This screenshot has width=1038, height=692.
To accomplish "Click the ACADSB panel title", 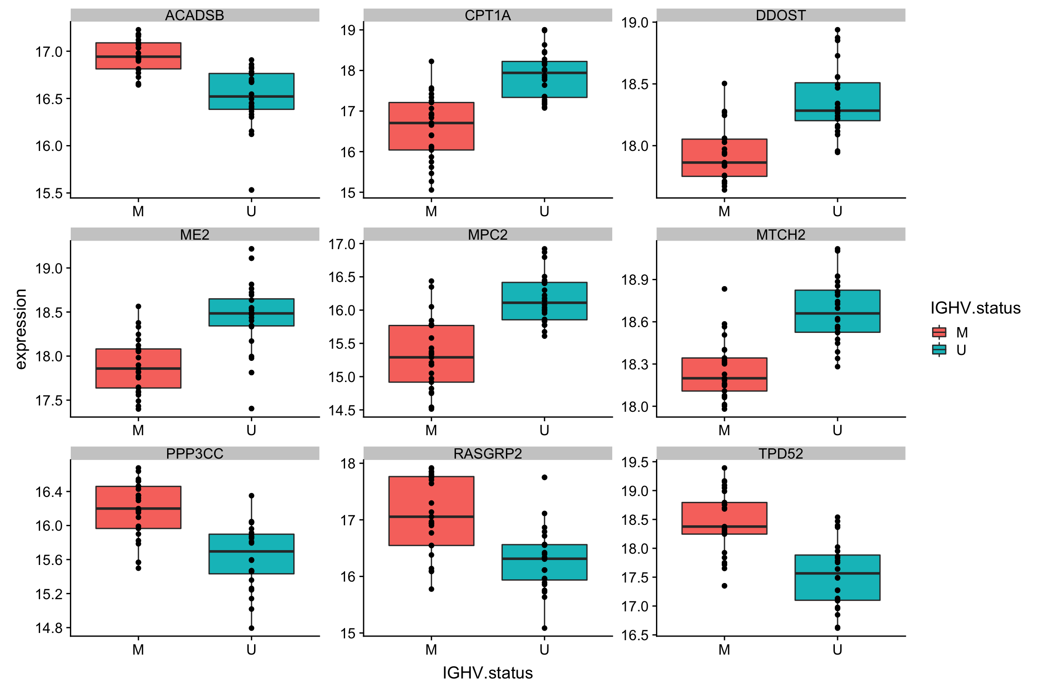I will tap(195, 15).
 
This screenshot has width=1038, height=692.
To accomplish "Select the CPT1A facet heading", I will tap(487, 15).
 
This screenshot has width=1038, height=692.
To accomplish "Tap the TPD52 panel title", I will tap(780, 453).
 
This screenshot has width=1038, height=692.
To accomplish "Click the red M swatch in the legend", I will tap(939, 332).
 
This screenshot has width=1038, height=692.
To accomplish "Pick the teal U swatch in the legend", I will tap(939, 350).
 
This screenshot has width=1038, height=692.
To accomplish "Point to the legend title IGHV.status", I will tap(975, 308).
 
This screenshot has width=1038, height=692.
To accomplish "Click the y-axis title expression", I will tap(21, 329).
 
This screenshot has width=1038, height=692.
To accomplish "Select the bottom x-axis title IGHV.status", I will tap(487, 673).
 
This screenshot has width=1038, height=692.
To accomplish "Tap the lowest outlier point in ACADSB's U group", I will tap(251, 190).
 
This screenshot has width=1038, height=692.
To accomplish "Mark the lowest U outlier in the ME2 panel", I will tap(251, 409).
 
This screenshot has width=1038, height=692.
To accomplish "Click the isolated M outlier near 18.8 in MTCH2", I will tap(724, 289).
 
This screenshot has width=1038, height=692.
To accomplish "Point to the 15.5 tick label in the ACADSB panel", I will tap(49, 194).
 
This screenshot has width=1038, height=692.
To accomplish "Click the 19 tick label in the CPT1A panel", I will tap(348, 30).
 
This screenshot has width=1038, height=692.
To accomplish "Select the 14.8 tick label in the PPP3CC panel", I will tap(49, 628).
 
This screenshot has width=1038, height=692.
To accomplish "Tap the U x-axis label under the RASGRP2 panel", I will tap(544, 649).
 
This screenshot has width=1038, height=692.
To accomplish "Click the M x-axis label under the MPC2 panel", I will tap(431, 430).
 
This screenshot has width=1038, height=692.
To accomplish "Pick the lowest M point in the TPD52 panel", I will tap(724, 586).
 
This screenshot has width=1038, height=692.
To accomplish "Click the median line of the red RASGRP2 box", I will tap(431, 517).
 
